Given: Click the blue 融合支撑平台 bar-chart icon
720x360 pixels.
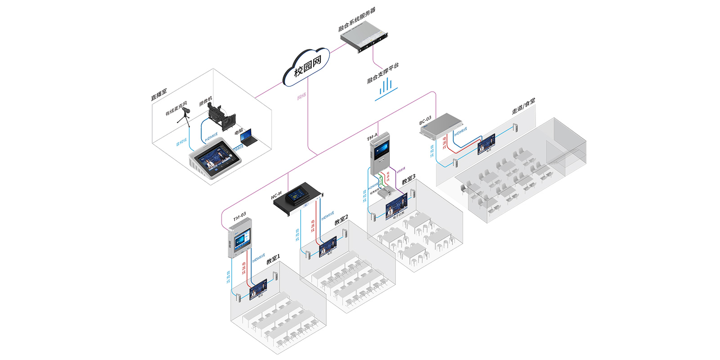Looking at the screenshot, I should tap(386, 88).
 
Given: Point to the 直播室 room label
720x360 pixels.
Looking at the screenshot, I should tap(158, 94).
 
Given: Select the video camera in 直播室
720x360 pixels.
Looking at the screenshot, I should tap(220, 115).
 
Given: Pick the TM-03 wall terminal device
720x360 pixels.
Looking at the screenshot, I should tap(239, 238).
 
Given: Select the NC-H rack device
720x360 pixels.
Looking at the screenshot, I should tap(297, 198).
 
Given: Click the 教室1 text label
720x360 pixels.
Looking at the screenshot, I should tap(273, 259).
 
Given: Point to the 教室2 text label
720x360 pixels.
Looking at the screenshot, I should tap(341, 220).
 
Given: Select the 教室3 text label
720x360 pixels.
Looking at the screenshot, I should tap(409, 179).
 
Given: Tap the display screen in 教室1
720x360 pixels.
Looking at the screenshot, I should tap(258, 289).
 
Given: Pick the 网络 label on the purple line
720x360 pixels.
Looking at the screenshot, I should tap(301, 96).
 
